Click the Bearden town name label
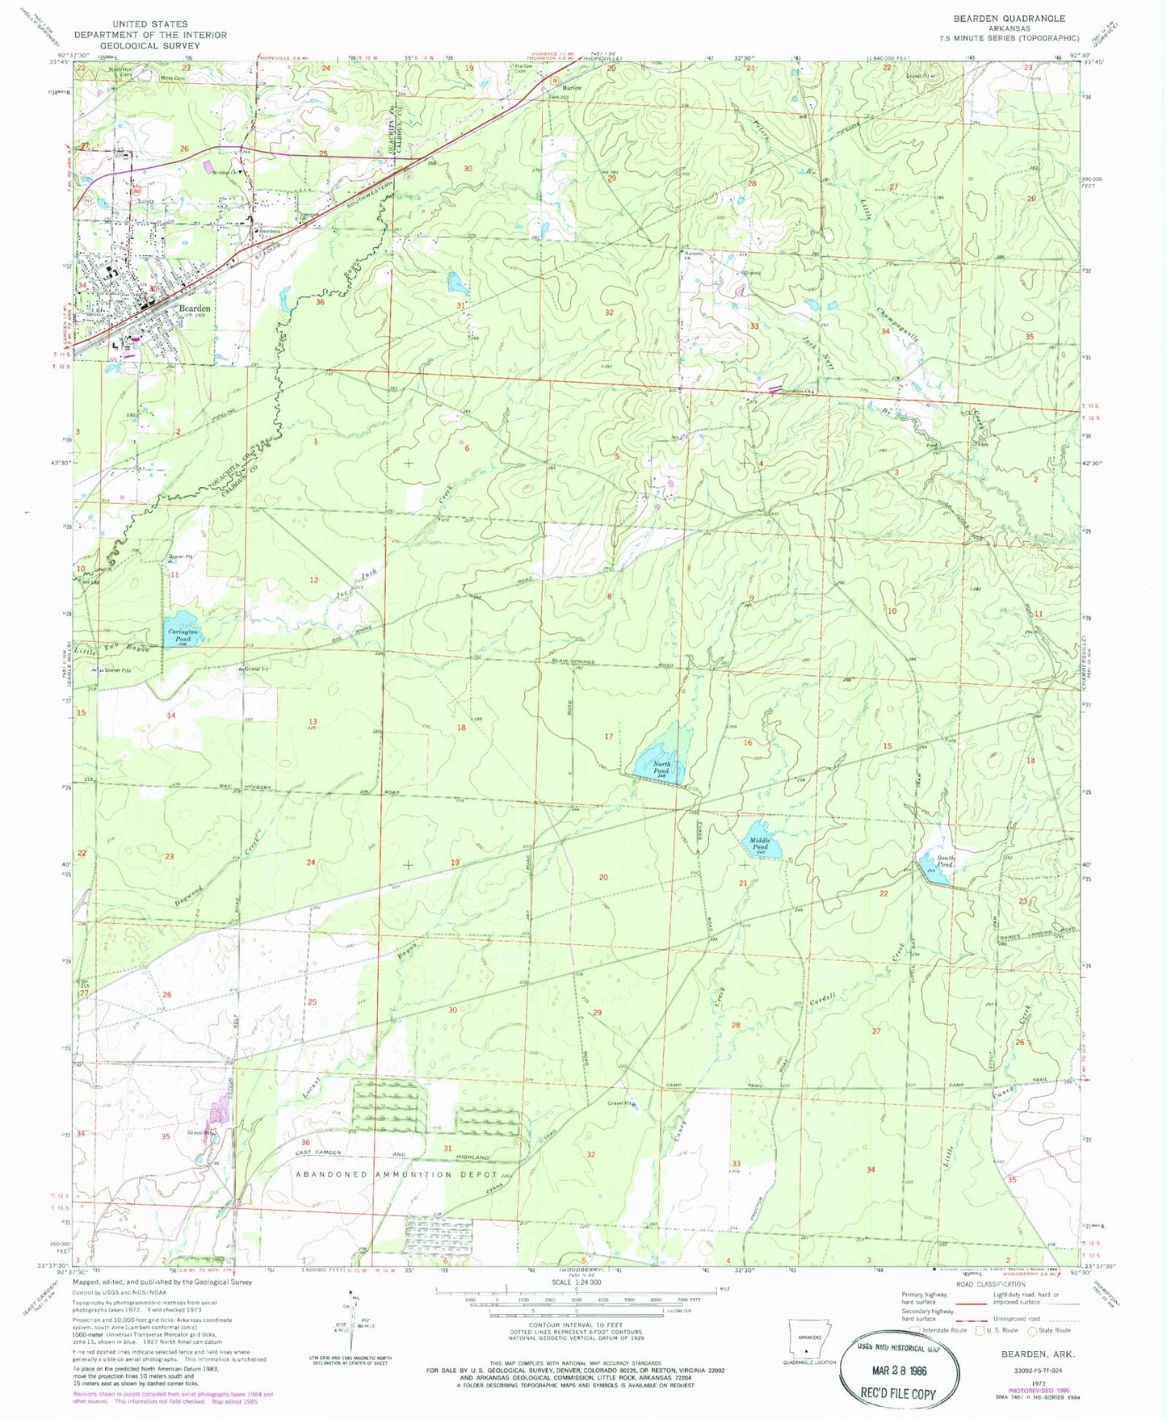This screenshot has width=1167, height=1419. pos(195,309)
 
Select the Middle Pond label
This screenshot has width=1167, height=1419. pos(759,844)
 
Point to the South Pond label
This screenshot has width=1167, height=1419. pos(946,862)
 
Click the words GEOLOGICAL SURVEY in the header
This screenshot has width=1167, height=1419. pos(150,46)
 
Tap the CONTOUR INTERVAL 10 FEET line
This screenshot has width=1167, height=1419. pos(575,1325)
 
